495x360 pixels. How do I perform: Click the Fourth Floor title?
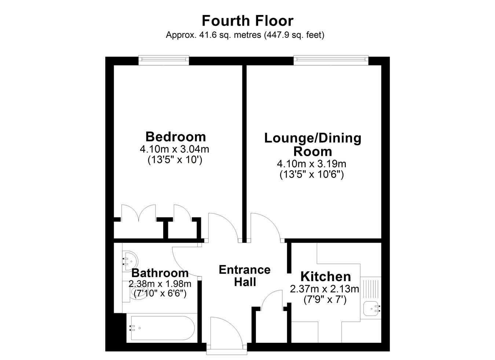(x=247, y=21)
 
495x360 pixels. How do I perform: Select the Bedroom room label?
(x=176, y=137)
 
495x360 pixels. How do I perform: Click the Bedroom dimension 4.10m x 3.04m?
(x=175, y=150)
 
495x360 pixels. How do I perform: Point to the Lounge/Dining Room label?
(x=313, y=145)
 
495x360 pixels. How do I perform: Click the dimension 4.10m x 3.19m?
(x=312, y=164)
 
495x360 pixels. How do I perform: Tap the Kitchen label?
(x=326, y=276)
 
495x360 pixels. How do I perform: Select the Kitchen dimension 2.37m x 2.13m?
(x=324, y=289)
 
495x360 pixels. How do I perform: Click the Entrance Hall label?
(x=245, y=276)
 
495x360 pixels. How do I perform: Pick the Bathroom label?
(x=160, y=273)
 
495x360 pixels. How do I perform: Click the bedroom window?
(x=164, y=60)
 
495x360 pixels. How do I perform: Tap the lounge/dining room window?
(x=331, y=60)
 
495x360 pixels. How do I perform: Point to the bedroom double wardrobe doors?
(x=139, y=213)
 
